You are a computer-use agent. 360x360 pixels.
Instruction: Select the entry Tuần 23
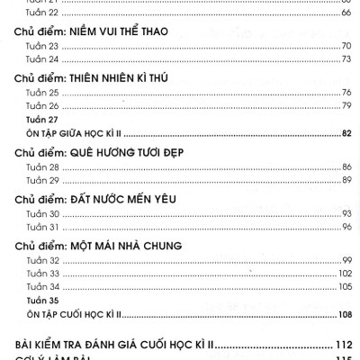[x=40, y=44]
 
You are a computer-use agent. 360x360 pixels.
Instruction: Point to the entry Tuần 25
[x=40, y=94]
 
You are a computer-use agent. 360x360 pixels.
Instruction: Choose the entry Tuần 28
[x=40, y=168]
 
